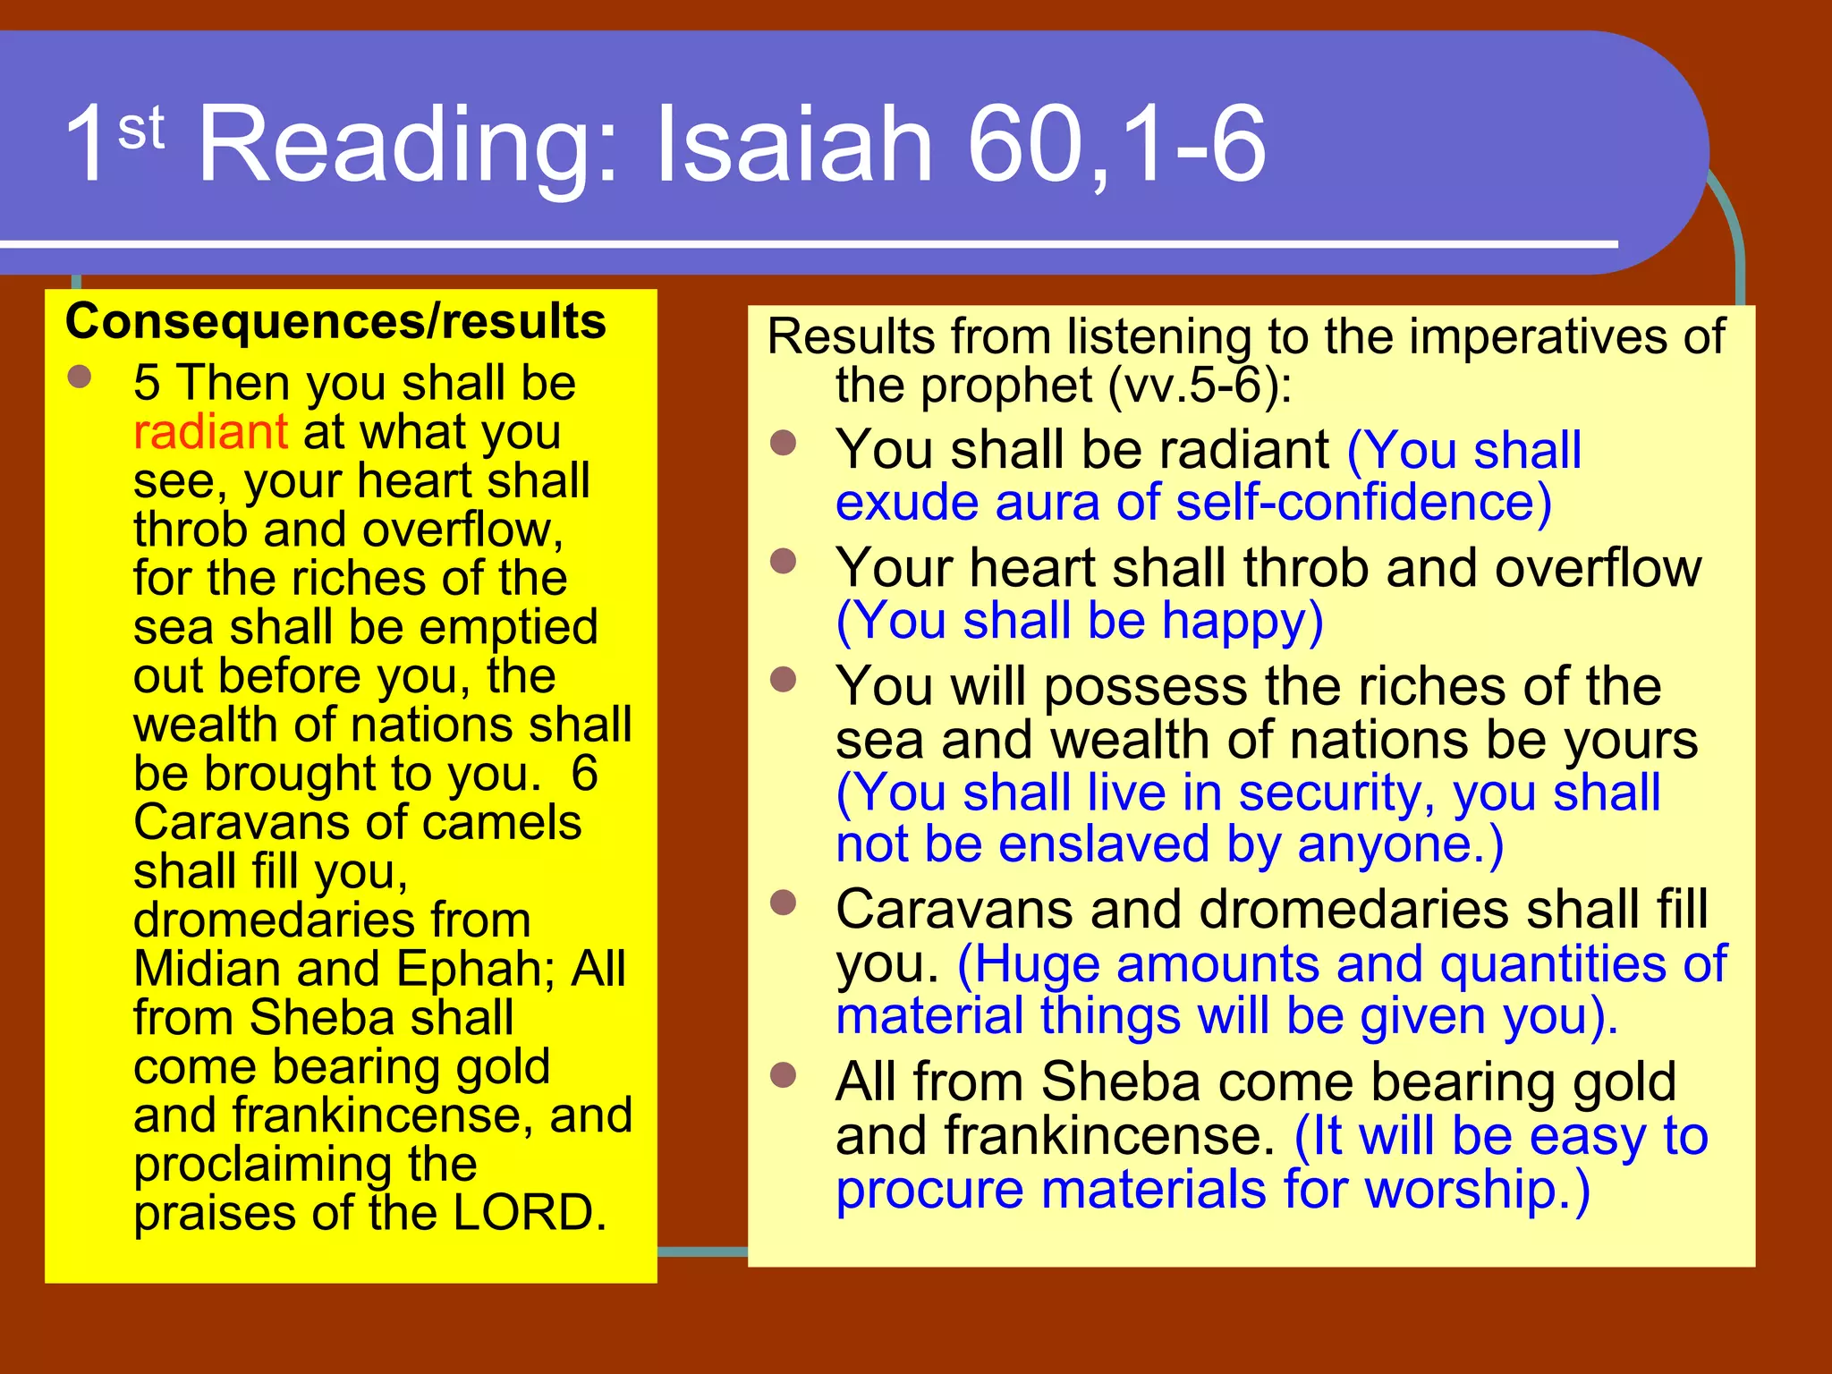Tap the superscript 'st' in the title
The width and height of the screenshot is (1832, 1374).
click(x=141, y=129)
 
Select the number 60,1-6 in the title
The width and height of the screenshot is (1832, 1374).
click(x=1116, y=145)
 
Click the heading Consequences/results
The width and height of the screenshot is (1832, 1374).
click(x=335, y=321)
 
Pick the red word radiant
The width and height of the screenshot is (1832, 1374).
click(x=210, y=432)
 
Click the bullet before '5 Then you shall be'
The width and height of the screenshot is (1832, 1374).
click(x=80, y=377)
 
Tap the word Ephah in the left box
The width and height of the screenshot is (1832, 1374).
click(x=470, y=970)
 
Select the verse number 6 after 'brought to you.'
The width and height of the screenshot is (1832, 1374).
click(x=584, y=774)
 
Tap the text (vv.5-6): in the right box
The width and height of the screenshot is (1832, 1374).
click(x=1200, y=386)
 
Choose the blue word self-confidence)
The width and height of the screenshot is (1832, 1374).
click(x=1363, y=503)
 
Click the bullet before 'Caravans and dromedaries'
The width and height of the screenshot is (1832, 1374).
click(x=784, y=903)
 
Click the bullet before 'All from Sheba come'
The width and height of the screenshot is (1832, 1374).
click(x=784, y=1074)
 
